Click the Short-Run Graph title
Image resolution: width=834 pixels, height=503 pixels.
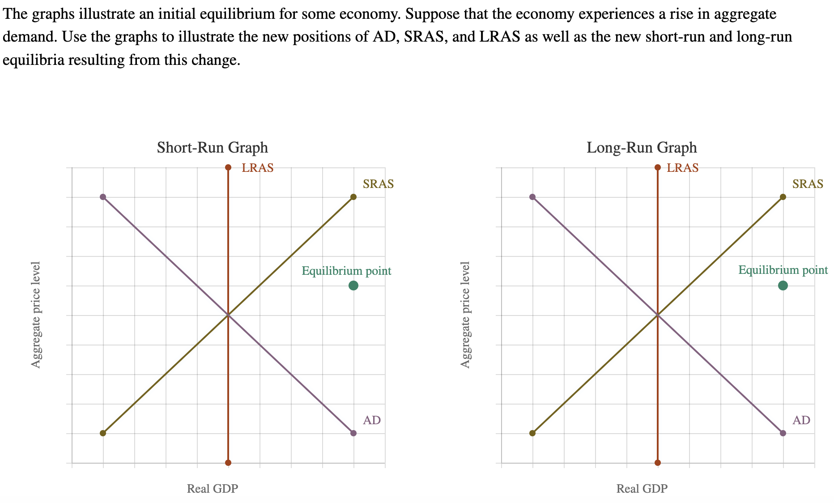point(212,147)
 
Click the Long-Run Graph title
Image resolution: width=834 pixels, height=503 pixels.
point(642,147)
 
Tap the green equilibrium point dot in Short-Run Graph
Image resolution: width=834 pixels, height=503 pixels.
point(353,286)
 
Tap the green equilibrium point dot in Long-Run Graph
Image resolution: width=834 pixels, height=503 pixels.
point(783,286)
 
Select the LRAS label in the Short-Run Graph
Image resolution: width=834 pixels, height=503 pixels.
point(257,168)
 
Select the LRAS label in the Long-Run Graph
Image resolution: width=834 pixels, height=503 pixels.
point(682,168)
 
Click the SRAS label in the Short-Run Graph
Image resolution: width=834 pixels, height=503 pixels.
point(378,184)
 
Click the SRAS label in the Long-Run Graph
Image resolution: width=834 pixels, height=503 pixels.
point(808,184)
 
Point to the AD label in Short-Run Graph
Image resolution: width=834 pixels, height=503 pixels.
point(371,420)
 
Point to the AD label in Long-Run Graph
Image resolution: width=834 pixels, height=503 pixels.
point(801,420)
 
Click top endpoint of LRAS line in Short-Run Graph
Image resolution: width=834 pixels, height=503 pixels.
point(228,167)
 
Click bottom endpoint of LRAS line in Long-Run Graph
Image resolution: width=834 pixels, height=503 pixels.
point(657,463)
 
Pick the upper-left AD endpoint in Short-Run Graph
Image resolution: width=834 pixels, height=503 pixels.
point(103,197)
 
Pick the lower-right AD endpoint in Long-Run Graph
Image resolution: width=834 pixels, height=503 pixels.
point(783,433)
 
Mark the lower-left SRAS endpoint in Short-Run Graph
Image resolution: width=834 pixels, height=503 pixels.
point(103,433)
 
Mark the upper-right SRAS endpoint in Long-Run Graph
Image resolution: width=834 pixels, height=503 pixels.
point(783,197)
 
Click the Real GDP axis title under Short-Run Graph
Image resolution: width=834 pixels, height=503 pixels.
point(212,489)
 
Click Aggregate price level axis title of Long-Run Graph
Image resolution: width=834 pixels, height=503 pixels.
point(465,315)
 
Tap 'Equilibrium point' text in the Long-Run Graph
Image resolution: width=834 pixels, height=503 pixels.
point(783,270)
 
